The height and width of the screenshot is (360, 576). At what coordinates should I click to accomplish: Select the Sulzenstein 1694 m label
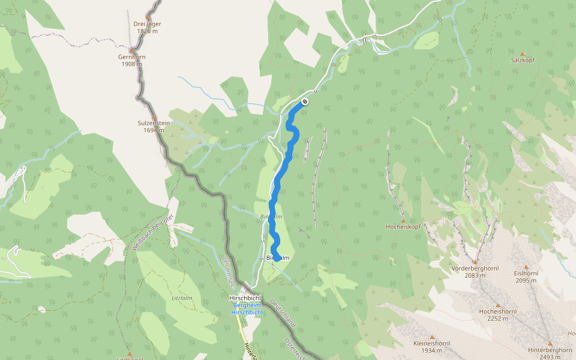[x=154, y=126]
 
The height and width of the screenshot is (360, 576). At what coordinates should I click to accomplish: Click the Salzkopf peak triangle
[x=522, y=53]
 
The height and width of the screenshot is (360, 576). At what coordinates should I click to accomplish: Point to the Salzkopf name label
[x=522, y=61]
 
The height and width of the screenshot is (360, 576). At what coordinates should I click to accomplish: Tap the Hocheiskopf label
[x=403, y=227]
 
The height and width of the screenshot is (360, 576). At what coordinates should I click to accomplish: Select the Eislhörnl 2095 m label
[x=526, y=276]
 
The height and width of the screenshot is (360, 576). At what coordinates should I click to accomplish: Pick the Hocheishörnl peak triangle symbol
[x=497, y=304]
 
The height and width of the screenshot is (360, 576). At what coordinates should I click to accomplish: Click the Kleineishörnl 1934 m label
[x=431, y=346]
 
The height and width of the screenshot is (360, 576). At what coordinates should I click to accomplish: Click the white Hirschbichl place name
[x=245, y=298]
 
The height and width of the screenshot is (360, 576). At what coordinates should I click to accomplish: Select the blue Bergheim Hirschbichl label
[x=247, y=309]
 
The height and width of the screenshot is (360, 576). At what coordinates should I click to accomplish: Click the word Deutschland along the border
[x=283, y=313]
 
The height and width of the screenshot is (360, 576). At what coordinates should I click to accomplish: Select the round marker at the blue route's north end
[x=305, y=101]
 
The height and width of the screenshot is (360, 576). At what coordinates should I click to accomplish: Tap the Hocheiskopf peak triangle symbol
[x=403, y=220]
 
